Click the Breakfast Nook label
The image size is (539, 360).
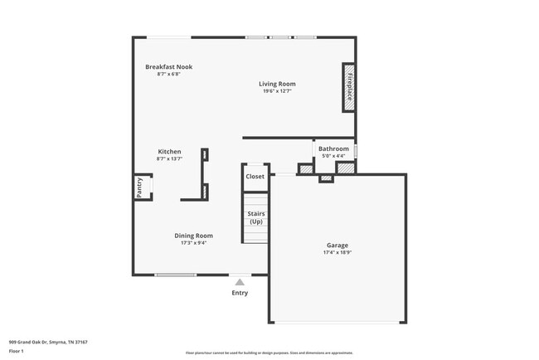point(168,67)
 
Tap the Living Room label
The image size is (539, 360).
point(277,84)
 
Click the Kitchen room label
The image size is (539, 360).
point(169,152)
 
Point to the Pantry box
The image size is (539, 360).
point(140,187)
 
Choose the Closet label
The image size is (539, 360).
point(255,177)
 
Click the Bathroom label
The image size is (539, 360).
point(333,149)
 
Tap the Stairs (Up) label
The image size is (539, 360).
point(256,218)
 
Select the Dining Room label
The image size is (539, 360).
point(193,236)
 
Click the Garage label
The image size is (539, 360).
point(337,246)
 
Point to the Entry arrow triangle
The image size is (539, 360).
point(240,282)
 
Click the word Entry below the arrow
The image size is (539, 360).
point(240,293)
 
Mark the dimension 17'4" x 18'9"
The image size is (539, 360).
point(337,253)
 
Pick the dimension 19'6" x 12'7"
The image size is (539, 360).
point(277,91)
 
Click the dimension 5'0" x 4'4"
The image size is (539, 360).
point(333,156)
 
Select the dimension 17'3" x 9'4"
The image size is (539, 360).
point(193,243)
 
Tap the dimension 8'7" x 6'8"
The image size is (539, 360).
point(168,74)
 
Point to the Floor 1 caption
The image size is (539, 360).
point(17,351)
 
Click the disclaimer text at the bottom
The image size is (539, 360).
point(269,353)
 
